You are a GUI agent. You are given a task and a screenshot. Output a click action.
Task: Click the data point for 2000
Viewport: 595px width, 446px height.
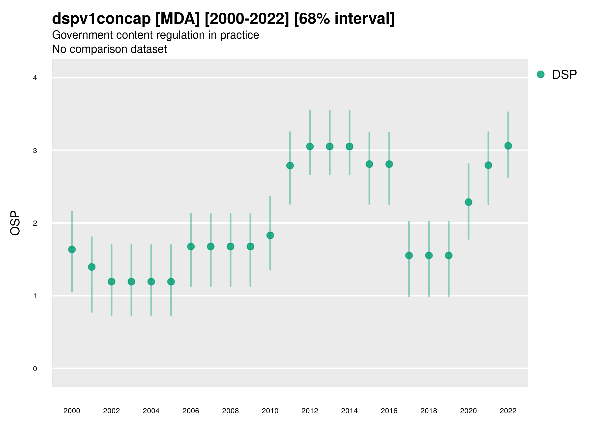coord(72,250)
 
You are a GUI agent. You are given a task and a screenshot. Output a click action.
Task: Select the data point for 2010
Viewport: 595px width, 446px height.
coord(270,235)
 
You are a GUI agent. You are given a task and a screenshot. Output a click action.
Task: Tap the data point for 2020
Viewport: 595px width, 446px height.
coord(468,202)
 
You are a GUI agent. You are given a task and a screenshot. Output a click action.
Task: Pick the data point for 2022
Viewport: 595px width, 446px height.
coord(508,146)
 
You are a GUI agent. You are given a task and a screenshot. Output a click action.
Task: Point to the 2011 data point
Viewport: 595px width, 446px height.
coord(290,165)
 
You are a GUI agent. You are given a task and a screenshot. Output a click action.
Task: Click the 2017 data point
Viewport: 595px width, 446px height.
coord(409,255)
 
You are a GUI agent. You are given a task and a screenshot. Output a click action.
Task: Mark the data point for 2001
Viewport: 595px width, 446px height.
coord(92,267)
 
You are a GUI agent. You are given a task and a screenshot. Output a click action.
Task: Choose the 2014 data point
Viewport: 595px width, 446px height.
coord(349,146)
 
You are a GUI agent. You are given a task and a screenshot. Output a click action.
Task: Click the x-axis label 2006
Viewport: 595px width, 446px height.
coord(191,411)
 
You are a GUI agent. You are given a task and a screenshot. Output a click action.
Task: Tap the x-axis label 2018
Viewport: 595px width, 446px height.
coord(429,411)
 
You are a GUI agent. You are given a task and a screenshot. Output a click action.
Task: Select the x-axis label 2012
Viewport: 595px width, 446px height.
coord(310,411)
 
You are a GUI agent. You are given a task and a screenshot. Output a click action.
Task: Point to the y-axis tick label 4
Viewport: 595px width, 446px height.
coord(35,78)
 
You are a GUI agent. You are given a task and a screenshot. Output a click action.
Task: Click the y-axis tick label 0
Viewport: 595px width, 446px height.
coord(35,369)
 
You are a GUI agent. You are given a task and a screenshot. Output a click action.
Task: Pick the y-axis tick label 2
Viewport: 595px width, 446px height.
coord(35,223)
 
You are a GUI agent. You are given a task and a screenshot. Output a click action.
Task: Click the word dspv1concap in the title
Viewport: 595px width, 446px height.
coord(101,19)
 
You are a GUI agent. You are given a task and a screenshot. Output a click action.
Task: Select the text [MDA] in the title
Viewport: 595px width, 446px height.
coord(178,19)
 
